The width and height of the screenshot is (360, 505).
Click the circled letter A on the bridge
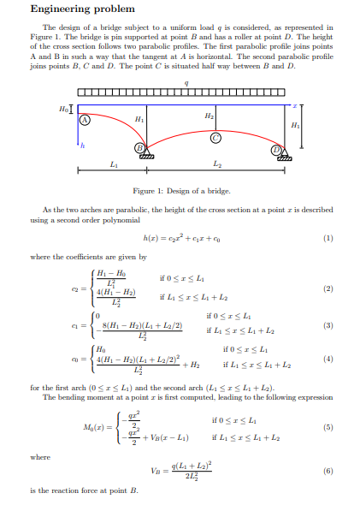coord(86,121)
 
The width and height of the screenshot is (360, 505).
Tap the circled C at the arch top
coord(215,137)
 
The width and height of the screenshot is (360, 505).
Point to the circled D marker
coord(276,149)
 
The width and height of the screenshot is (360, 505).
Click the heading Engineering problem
coord(82,9)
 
